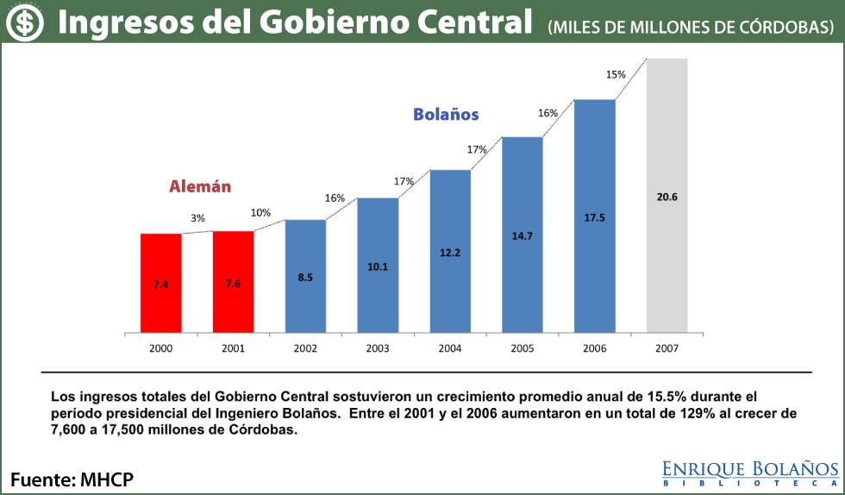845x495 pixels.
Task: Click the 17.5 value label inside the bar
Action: click(x=595, y=218)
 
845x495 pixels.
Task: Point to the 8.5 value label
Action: click(x=305, y=277)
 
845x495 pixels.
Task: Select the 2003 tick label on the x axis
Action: click(x=378, y=348)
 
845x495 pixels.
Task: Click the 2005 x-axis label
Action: click(x=523, y=348)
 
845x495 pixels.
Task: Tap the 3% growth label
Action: click(x=198, y=219)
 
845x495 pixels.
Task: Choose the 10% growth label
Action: click(x=260, y=213)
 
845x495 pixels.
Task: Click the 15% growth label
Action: click(x=616, y=75)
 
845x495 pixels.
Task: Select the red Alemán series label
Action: click(x=200, y=186)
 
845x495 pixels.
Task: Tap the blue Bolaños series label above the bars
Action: click(x=446, y=114)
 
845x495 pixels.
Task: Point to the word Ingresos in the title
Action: click(x=121, y=23)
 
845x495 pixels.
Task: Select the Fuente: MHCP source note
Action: click(x=72, y=479)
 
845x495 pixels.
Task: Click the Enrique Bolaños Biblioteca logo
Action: click(x=750, y=473)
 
